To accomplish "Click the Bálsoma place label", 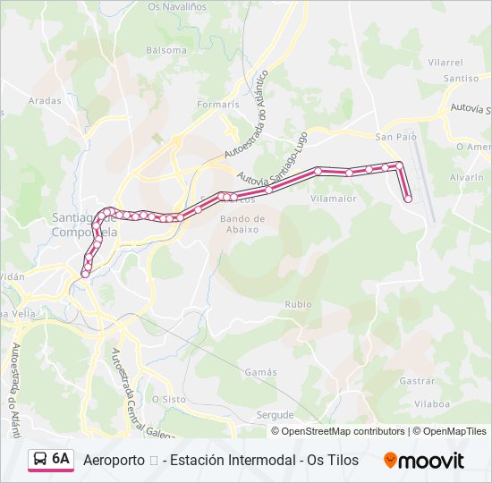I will (165, 50).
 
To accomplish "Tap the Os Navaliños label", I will (177, 6).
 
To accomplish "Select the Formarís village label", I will (218, 105).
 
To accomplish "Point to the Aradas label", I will (45, 101).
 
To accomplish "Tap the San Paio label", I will (395, 137).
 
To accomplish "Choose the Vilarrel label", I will (445, 63).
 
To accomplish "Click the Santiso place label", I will (462, 79).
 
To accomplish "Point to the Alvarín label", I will (467, 178).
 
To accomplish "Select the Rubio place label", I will (298, 304).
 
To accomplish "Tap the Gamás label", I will (260, 372).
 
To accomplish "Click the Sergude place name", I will (275, 415).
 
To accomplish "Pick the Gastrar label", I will (417, 380).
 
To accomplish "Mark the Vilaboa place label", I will (432, 404).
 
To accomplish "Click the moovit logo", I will (424, 460).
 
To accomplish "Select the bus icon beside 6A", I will (40, 460).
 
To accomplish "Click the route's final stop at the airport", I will (408, 199).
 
